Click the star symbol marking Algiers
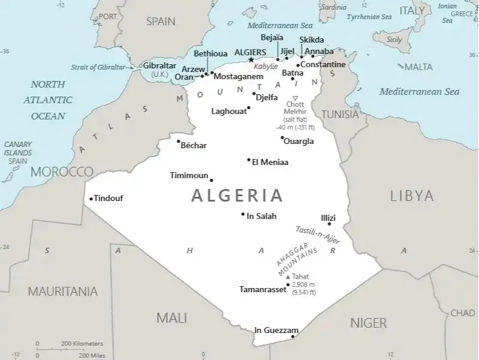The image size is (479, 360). tap(251, 59)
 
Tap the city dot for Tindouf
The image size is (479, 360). tap(91, 199)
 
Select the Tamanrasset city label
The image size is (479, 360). tap(263, 289)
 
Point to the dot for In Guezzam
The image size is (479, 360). tap(293, 336)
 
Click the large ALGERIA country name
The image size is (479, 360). tap(237, 195)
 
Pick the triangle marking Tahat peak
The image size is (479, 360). tap(288, 277)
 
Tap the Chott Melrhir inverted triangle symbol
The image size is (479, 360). tap(295, 98)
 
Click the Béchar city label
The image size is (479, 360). tap(194, 145)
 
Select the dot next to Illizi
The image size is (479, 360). tap(329, 224)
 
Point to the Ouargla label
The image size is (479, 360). tap(299, 142)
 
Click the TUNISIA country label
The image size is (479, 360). tap(341, 114)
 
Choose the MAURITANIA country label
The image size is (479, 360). tap(62, 292)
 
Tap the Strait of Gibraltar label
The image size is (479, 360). tap(98, 67)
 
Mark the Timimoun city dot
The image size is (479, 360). tap(211, 180)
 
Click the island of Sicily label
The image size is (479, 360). tap(394, 40)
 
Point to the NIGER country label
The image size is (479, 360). tap(368, 323)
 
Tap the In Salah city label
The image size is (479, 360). tap(262, 216)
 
